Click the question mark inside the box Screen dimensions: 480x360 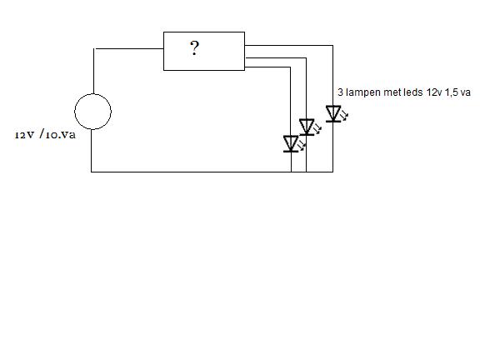pos(194,48)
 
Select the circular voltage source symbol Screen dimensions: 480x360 pos(92,112)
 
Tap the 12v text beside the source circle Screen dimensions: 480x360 pos(24,135)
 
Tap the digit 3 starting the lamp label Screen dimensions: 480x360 pos(340,92)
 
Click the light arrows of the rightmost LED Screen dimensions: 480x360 pos(344,115)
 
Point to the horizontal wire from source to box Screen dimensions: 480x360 pos(128,48)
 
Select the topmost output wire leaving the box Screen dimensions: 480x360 pos(288,45)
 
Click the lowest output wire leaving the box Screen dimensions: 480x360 pos(267,67)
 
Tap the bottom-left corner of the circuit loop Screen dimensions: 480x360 pos(91,172)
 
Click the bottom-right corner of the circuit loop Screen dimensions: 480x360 pos(332,172)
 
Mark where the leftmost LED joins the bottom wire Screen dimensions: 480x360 pos(291,172)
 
